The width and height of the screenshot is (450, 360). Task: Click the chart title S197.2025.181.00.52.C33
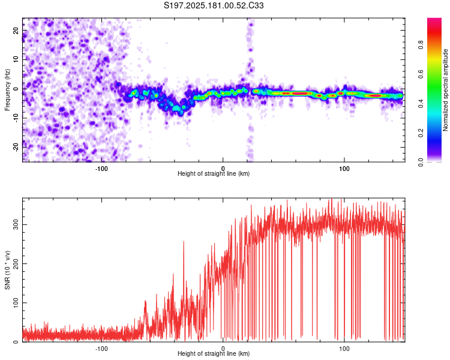pos(214,5)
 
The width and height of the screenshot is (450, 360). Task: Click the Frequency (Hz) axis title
pos(7,90)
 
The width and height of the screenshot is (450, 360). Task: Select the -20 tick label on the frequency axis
pos(16,148)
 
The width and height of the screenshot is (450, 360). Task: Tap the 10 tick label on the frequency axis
pos(16,59)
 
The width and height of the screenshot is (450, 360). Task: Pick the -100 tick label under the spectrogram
pos(101,169)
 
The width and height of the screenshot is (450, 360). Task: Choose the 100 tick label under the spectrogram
pos(344,169)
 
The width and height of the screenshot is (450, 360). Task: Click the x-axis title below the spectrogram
pos(214,173)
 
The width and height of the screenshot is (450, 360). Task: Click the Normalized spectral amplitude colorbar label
pos(445,90)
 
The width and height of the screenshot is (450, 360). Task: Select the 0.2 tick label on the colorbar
pos(421,133)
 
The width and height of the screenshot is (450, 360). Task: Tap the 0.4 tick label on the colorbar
pos(421,103)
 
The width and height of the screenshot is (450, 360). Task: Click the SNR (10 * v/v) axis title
pos(7,270)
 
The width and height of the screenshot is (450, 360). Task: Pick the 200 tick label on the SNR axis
pos(16,263)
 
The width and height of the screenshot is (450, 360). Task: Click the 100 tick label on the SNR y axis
pos(16,302)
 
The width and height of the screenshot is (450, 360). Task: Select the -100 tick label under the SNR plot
pos(101,349)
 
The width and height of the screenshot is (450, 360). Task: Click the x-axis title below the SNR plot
pos(214,353)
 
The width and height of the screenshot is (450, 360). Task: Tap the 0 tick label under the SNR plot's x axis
pos(223,349)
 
